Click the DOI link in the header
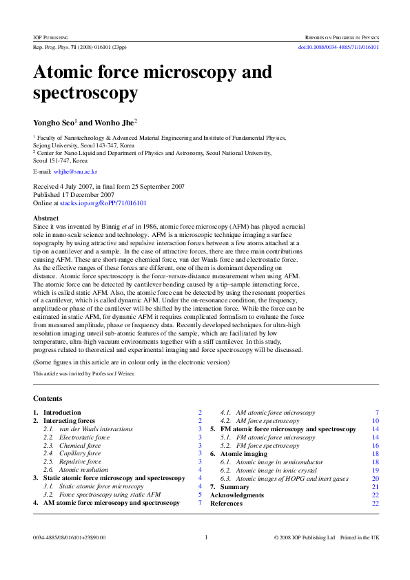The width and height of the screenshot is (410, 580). coord(338,48)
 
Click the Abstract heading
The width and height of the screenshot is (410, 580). coord(46,218)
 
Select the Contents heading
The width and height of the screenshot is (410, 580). coord(48,398)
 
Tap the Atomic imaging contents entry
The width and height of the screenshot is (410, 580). coord(243,453)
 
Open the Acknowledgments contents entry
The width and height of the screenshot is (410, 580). coord(236,495)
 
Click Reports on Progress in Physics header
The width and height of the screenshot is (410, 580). coord(342,36)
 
